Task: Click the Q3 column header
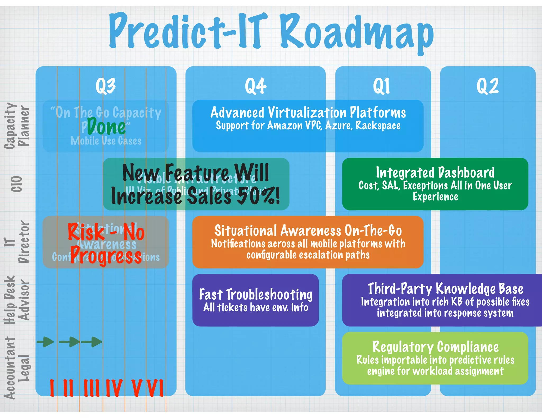click(x=106, y=86)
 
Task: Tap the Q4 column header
click(x=255, y=86)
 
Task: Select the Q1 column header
click(x=381, y=86)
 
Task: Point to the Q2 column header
click(x=487, y=86)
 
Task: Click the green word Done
click(x=106, y=127)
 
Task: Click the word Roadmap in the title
click(x=357, y=33)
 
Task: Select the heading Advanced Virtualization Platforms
click(x=308, y=113)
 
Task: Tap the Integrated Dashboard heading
click(x=435, y=173)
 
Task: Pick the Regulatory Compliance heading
click(x=435, y=347)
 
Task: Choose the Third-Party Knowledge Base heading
click(x=445, y=289)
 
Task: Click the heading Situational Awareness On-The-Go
click(x=308, y=231)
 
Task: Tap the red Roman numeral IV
click(x=114, y=388)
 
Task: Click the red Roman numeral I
click(x=52, y=388)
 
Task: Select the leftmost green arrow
click(x=45, y=342)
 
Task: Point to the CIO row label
click(x=16, y=184)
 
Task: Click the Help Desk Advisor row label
click(x=16, y=300)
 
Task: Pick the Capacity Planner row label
click(x=16, y=126)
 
